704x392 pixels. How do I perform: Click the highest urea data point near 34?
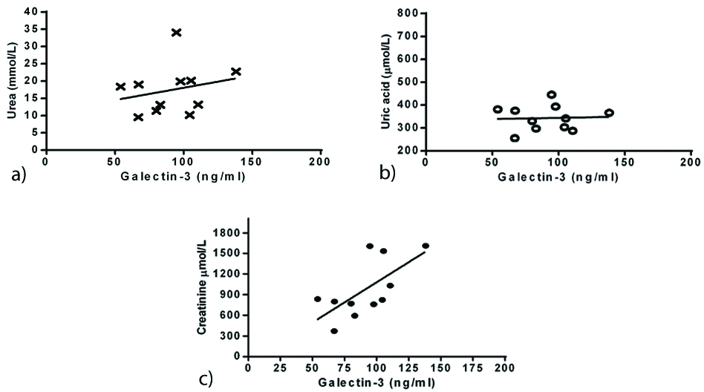pyautogui.click(x=176, y=33)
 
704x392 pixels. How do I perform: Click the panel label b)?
pyautogui.click(x=388, y=173)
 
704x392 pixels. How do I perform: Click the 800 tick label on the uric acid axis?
pyautogui.click(x=404, y=13)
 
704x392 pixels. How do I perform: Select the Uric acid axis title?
pyautogui.click(x=386, y=80)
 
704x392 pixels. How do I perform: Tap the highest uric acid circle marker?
pyautogui.click(x=552, y=95)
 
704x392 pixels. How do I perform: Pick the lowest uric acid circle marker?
pyautogui.click(x=515, y=138)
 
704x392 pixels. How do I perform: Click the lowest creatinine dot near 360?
pyautogui.click(x=334, y=331)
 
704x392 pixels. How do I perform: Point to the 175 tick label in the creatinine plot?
pyautogui.click(x=480, y=369)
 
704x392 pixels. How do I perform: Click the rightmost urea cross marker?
pyautogui.click(x=236, y=72)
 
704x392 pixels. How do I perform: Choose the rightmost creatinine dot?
pyautogui.click(x=426, y=246)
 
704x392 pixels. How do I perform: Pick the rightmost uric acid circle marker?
pyautogui.click(x=609, y=113)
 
